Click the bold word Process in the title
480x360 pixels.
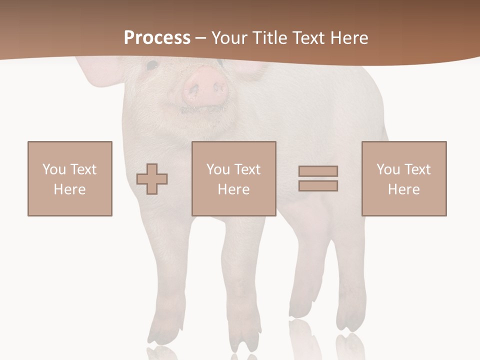[157, 38]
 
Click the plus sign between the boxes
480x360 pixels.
[152, 179]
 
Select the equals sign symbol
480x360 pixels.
[318, 178]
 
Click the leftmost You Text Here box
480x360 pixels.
[70, 178]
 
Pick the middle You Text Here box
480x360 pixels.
[234, 178]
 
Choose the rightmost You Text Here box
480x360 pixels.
[404, 178]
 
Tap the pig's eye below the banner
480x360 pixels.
[151, 64]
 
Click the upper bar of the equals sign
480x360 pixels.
[318, 171]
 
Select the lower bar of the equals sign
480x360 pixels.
[318, 185]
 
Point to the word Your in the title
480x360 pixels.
[230, 38]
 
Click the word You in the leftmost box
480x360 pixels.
[53, 169]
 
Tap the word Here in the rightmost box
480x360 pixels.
[403, 189]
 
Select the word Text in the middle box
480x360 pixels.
[247, 169]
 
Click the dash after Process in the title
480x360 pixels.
[200, 38]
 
